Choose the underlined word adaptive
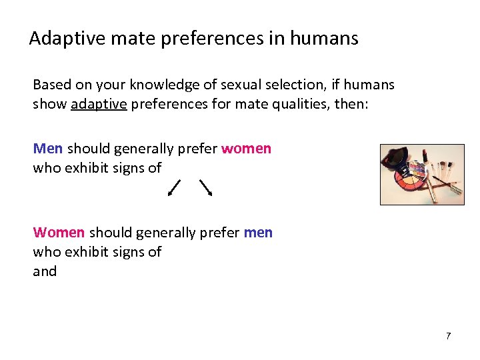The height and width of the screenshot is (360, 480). tap(94, 105)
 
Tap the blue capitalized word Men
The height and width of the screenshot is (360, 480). tap(48, 148)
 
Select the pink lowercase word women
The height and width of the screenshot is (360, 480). tap(246, 148)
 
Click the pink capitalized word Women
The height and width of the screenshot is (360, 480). tap(59, 233)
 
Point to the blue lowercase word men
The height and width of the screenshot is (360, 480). tap(258, 233)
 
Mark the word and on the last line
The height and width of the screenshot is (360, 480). tap(45, 271)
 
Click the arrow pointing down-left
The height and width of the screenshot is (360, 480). tap(174, 187)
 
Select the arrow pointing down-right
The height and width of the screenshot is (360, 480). tap(205, 187)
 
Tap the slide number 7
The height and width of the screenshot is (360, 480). tap(448, 336)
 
